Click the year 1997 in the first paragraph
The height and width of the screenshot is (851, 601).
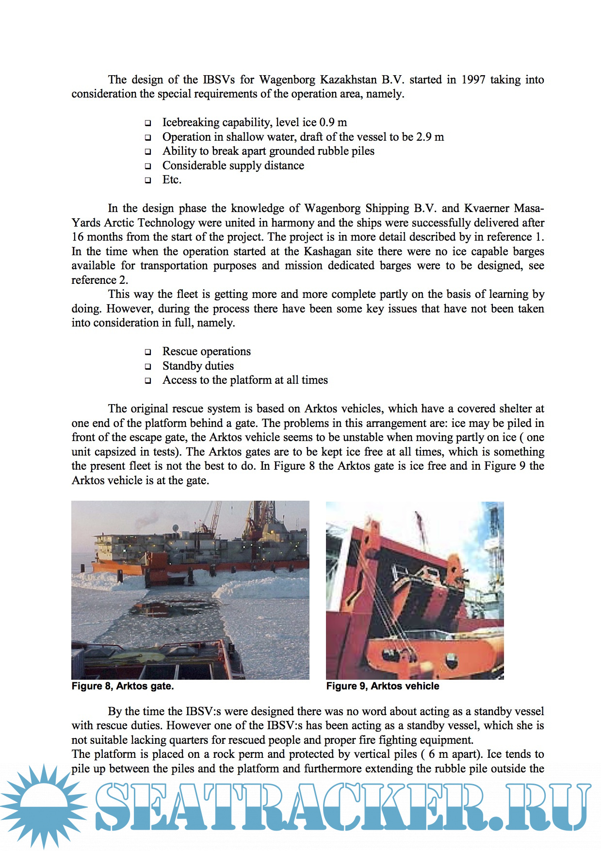473,80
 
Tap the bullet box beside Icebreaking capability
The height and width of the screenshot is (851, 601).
148,123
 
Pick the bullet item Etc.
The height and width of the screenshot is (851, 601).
172,180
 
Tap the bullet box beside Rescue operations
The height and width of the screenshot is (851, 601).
148,352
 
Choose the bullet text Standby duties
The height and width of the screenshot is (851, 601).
198,366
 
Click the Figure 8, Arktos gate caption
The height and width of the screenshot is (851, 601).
123,686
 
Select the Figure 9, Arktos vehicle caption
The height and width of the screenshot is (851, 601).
383,686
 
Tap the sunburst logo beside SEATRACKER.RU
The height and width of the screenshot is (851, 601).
44,805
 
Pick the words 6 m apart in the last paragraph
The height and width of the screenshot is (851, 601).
455,754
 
